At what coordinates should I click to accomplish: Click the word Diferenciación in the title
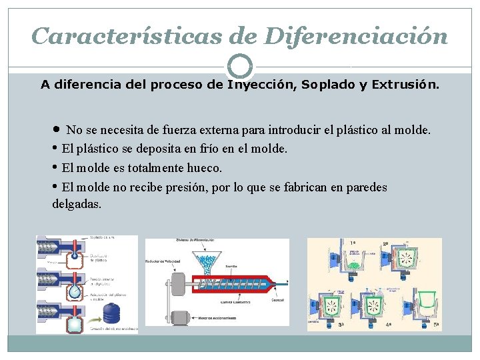[x=356, y=35]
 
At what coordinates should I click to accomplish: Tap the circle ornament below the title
[x=240, y=67]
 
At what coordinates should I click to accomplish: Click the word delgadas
[x=77, y=203]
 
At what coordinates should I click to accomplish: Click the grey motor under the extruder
[x=177, y=318]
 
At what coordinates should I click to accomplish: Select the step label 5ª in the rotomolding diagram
[x=435, y=324]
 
